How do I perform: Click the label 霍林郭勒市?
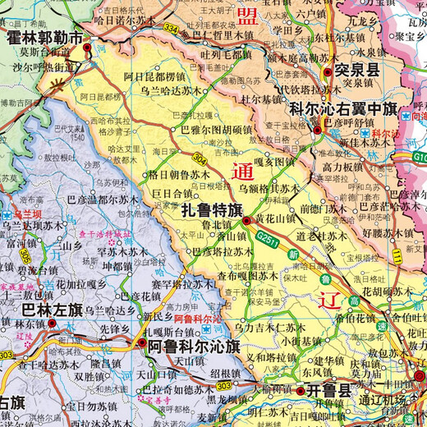[x=45, y=39]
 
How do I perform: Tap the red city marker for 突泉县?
[x=327, y=73]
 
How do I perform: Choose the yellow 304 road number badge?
[x=200, y=156]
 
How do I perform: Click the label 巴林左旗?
[x=52, y=310]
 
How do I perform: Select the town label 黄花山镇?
[x=276, y=218]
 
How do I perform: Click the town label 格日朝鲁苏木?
[x=179, y=175]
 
